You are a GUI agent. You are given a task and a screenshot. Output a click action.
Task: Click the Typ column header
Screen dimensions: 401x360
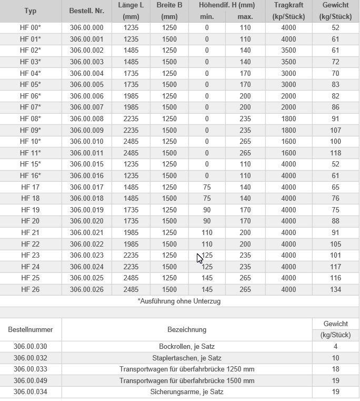[x=30, y=11]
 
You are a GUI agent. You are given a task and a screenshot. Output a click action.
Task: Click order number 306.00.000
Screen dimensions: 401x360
[x=86, y=27]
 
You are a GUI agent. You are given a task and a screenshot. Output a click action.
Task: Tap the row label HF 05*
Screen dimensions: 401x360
[x=30, y=84]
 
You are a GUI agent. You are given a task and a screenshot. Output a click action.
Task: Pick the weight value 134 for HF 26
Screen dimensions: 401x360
[x=335, y=289]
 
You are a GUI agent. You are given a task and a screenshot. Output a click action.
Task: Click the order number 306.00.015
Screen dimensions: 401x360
[x=86, y=164]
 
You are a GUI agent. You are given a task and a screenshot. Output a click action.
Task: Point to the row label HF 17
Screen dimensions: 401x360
[x=30, y=187]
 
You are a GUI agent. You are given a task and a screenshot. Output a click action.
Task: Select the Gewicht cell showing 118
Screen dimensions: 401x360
[x=335, y=153]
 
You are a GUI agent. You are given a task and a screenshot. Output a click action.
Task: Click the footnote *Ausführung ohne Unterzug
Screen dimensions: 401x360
[x=179, y=301]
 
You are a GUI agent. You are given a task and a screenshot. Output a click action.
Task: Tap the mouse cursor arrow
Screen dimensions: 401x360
[x=199, y=257]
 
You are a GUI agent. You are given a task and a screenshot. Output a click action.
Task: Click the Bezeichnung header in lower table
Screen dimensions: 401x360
[x=187, y=329]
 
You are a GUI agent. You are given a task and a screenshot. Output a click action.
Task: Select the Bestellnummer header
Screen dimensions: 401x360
[x=31, y=329]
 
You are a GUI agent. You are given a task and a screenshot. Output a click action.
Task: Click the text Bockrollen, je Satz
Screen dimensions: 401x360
[x=187, y=347]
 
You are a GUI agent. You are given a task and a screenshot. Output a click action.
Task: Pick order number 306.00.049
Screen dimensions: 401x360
[x=31, y=380]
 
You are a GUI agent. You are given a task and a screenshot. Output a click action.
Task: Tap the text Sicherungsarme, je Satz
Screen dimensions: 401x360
[x=187, y=392]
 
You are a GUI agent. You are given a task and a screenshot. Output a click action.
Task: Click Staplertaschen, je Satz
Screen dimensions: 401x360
[x=187, y=358]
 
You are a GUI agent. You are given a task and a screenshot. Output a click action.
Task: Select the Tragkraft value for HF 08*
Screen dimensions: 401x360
[x=288, y=119]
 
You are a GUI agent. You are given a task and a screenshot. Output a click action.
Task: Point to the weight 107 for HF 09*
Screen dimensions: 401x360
[x=335, y=130]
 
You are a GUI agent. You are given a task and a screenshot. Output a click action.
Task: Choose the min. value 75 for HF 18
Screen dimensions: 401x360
[x=207, y=198]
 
